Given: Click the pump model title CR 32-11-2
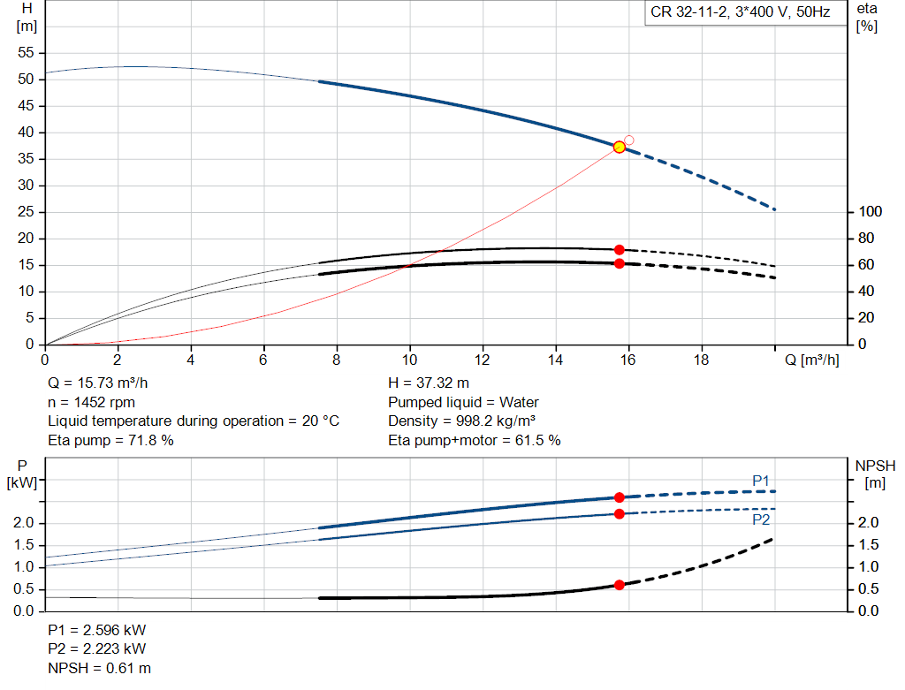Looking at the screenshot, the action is [x=688, y=12].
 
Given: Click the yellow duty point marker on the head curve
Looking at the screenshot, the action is [x=620, y=148].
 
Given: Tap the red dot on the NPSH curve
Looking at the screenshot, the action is [x=620, y=585].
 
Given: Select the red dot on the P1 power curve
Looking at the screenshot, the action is [x=620, y=497].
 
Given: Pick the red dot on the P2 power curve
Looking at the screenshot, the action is [x=620, y=514].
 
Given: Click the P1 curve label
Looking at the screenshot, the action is [x=761, y=481].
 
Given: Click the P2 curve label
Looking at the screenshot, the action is [x=761, y=519].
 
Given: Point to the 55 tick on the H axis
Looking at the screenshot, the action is [x=26, y=52].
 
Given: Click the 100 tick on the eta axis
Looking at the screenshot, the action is [x=871, y=212].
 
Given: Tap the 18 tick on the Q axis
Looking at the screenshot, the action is [x=701, y=360].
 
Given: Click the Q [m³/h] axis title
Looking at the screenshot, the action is [x=811, y=360].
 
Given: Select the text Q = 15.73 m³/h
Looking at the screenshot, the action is [x=97, y=383].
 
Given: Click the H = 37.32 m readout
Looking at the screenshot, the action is [x=429, y=383].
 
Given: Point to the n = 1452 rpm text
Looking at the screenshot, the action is [x=91, y=402].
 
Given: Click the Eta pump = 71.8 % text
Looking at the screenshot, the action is [x=110, y=440].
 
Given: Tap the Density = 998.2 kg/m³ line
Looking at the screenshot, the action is [x=461, y=421].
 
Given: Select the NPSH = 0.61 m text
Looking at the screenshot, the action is [x=99, y=668].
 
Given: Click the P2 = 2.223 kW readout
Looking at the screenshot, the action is [x=97, y=649].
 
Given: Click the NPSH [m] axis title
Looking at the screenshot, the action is [x=875, y=474].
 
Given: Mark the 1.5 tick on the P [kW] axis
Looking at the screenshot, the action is [x=24, y=545].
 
